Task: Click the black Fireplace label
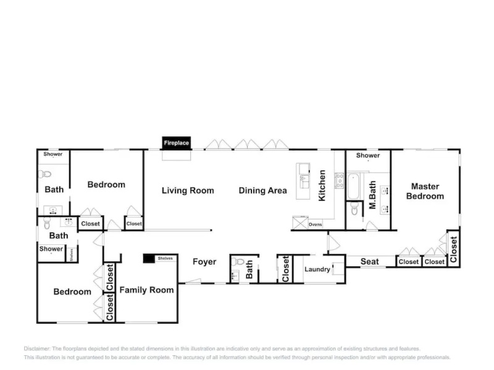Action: coord(176,143)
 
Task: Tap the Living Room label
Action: coord(188,191)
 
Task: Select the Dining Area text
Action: coord(262,191)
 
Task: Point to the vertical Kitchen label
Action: coord(322,186)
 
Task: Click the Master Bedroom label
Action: coord(425,191)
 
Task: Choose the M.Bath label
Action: coord(372,195)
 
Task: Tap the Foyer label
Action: coord(204,262)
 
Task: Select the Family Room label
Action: coord(146,290)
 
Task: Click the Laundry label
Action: coord(317,269)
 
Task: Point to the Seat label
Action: coord(370,261)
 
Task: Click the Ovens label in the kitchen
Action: coord(315,224)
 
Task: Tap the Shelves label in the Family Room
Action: coord(165,258)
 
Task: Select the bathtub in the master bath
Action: coord(353,187)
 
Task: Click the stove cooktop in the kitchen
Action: coord(339,180)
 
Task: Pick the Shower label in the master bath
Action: coord(367,155)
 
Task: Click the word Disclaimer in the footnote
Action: coord(37,348)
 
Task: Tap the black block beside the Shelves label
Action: coord(148,258)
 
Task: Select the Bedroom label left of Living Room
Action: coord(106,184)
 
